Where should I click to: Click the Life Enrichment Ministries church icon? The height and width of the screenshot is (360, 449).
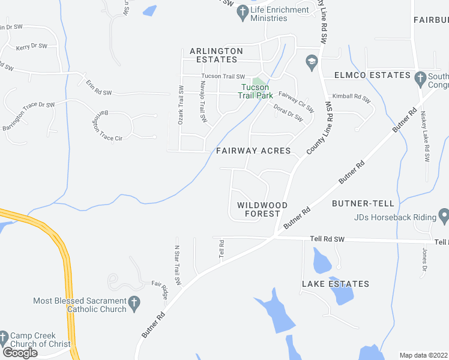tap(243, 11)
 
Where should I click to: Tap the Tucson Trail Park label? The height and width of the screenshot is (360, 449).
tap(255, 91)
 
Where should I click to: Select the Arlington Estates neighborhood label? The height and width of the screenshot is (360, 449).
tap(216, 55)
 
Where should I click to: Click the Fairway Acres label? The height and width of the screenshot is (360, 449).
tap(253, 151)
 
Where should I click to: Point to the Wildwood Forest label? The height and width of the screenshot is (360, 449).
tap(259, 209)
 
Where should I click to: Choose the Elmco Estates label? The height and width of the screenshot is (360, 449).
tap(364, 76)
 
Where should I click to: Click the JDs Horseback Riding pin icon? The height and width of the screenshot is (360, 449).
tap(444, 215)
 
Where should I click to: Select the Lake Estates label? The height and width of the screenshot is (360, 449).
tap(336, 284)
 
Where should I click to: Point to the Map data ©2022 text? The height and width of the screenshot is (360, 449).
tap(424, 355)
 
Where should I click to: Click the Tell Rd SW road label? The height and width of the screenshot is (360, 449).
tap(327, 239)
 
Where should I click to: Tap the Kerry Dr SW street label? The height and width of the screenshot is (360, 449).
tap(30, 47)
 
